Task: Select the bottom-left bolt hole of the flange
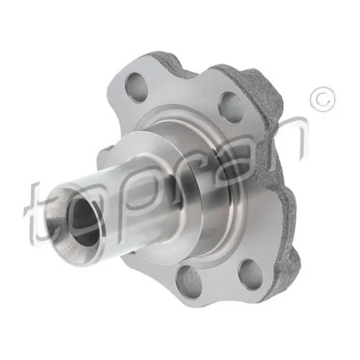pyautogui.click(x=188, y=281)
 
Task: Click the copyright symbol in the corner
pyautogui.click(x=322, y=99)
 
